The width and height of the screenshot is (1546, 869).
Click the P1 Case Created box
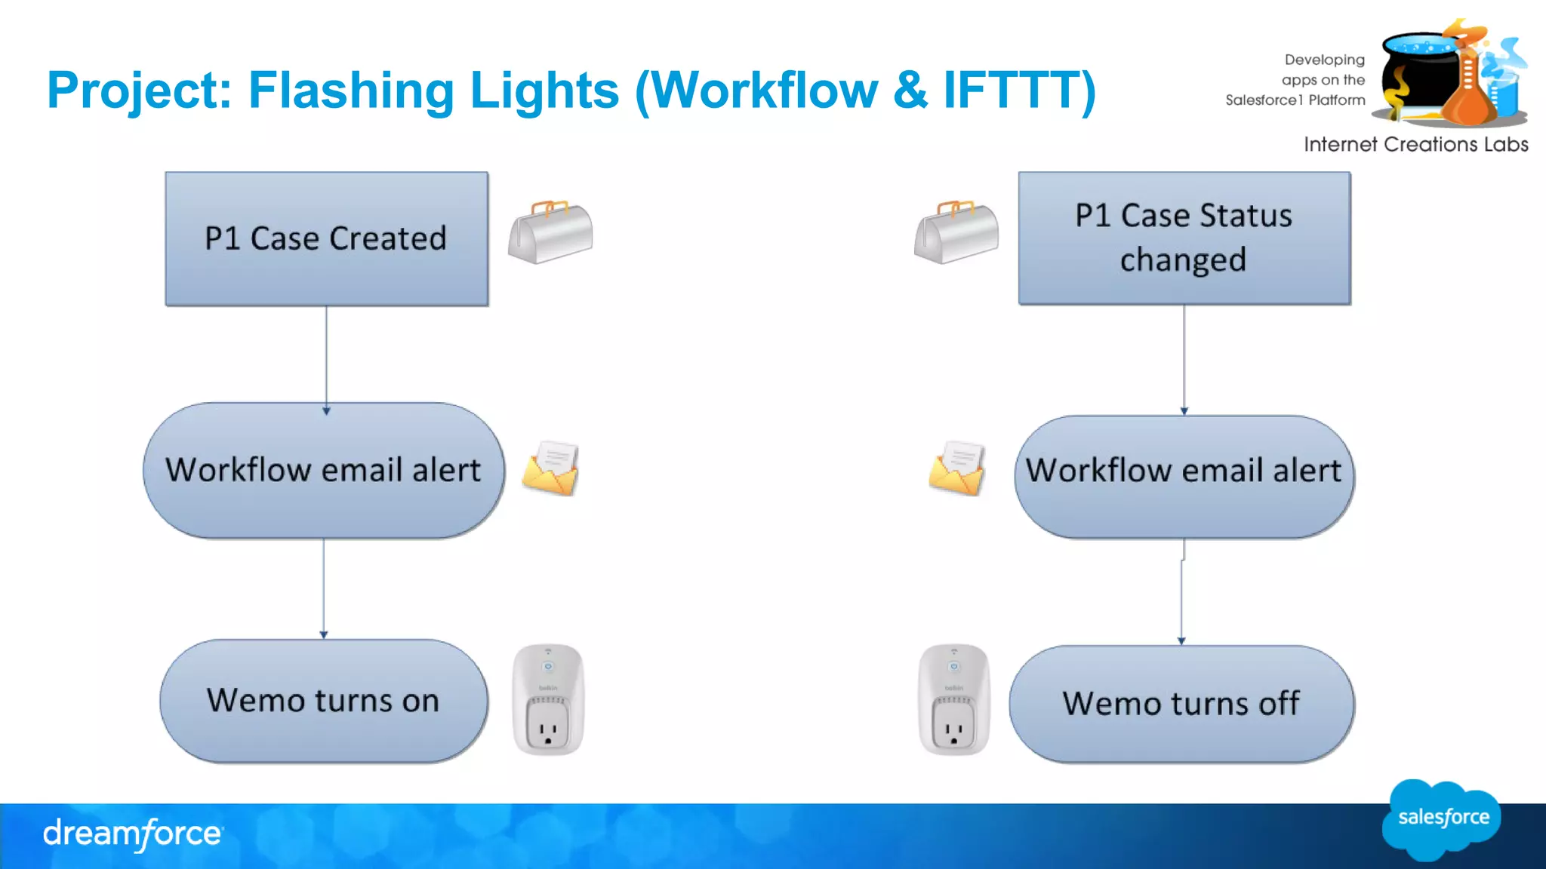326,238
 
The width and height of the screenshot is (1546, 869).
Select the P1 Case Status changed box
1184,238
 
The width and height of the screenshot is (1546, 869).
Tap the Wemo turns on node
324,701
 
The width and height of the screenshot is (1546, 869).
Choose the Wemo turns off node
1181,704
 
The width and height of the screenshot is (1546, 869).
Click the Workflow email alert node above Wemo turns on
324,470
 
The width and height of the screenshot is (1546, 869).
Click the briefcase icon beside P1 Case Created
550,232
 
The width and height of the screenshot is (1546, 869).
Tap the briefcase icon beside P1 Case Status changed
956,232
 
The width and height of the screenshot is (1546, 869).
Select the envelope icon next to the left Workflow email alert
551,469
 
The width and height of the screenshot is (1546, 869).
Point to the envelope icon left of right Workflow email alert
957,469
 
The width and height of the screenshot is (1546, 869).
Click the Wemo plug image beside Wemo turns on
549,699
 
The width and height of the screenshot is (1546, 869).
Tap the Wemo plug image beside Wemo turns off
954,699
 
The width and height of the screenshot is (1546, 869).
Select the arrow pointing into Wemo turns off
1182,596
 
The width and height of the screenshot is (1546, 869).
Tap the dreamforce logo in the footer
133,834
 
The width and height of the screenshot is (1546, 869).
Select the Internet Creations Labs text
1415,144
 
